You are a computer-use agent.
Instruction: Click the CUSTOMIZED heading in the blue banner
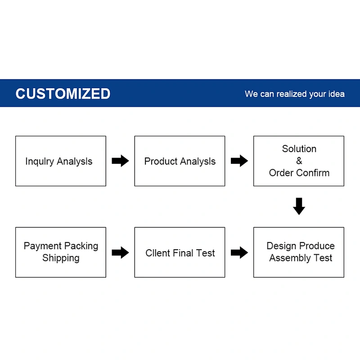(63, 94)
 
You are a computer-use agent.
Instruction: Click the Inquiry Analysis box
(61, 161)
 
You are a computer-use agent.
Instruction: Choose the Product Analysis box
(180, 161)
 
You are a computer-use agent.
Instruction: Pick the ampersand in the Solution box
(299, 161)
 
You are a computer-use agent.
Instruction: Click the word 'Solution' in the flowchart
(299, 149)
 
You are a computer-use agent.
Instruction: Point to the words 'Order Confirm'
(299, 173)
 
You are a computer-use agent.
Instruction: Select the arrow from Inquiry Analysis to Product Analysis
(120, 161)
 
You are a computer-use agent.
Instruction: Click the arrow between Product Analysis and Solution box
(239, 161)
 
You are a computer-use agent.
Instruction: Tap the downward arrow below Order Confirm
(299, 206)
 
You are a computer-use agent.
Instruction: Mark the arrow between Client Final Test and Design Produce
(239, 252)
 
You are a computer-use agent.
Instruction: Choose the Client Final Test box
(180, 252)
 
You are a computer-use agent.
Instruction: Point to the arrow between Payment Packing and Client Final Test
(120, 252)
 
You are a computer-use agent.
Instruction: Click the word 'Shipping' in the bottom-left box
(61, 258)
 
